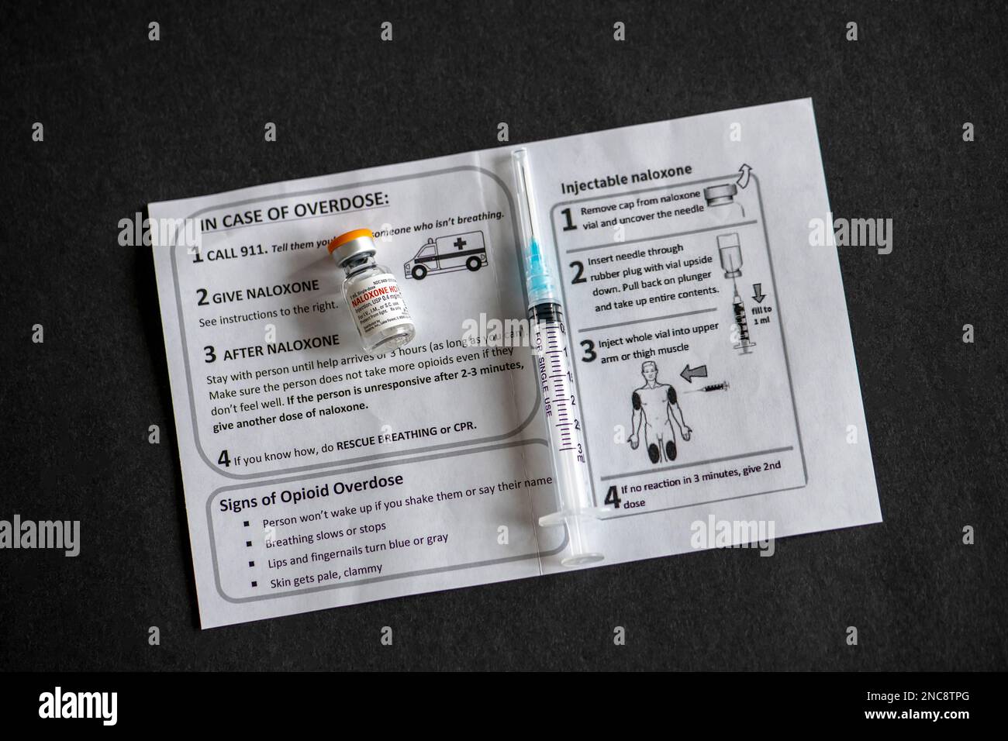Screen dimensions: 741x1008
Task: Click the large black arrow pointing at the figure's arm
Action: coord(698,375)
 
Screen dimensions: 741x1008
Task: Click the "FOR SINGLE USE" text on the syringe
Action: coord(547,375)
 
